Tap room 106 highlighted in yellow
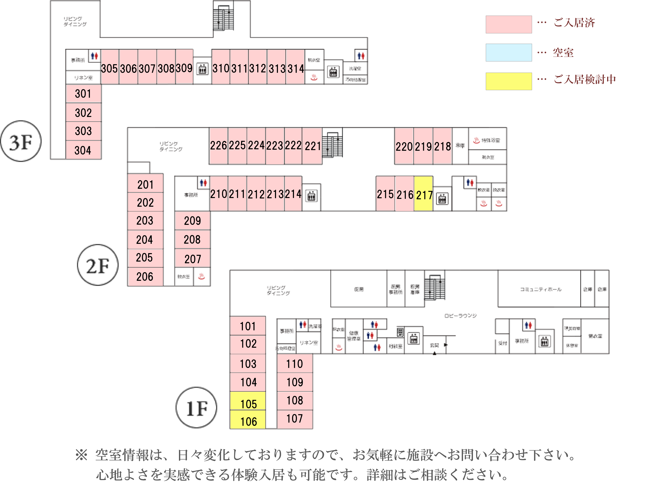tap(248, 420)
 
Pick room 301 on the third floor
tap(83, 94)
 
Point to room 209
tap(192, 221)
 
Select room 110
tap(294, 364)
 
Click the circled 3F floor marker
tap(21, 141)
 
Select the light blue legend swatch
tap(509, 53)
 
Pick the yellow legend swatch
tap(509, 81)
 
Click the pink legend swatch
tap(509, 24)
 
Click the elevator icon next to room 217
tap(442, 199)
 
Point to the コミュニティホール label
tap(540, 289)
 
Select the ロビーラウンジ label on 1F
tap(460, 316)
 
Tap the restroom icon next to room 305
tap(94, 56)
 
